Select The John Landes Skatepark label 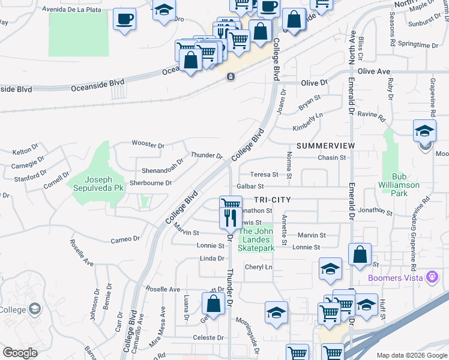click(257, 239)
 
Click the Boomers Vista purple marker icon click(431, 277)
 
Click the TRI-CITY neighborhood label click(272, 199)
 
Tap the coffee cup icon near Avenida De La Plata click(124, 19)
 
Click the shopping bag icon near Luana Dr click(213, 304)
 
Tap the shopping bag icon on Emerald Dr click(359, 254)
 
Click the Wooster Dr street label click(148, 145)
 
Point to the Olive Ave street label click(374, 71)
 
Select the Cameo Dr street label click(125, 239)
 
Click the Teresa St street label click(265, 175)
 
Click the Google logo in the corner click(19, 353)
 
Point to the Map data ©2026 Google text click(412, 355)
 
